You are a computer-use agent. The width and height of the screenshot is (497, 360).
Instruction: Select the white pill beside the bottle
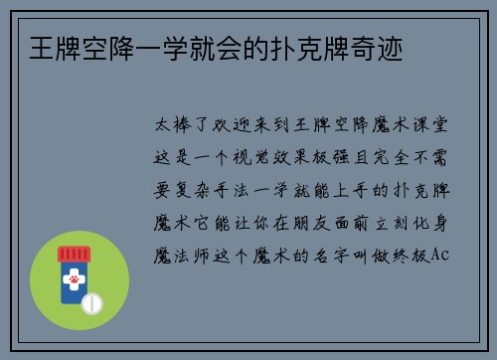tap(92, 300)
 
